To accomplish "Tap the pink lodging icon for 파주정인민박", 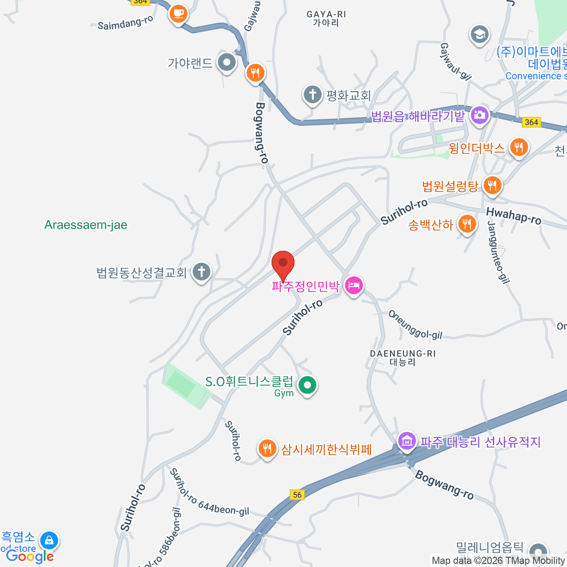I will pos(354,285).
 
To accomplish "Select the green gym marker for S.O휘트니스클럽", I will pos(308,385).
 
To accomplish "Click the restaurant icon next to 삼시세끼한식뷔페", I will pos(267,448).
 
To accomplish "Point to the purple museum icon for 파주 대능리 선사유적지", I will pos(406,441).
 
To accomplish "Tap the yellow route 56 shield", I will pos(297,495).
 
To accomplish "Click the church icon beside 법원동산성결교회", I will pos(202,272).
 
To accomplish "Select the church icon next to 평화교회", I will pos(312,94).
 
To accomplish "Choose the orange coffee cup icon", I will pos(178,14).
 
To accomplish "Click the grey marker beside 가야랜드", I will pos(227,62).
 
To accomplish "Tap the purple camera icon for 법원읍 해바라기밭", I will pos(479,115).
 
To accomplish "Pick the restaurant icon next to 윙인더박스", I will pos(519,147).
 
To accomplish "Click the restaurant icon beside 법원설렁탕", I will pos(492,185).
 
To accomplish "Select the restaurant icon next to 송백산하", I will pos(467,224).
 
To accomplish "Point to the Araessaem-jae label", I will pos(86,225).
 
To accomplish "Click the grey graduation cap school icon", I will pos(479,34).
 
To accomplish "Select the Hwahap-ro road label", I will pos(514,216).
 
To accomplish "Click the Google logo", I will pos(29,557).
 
